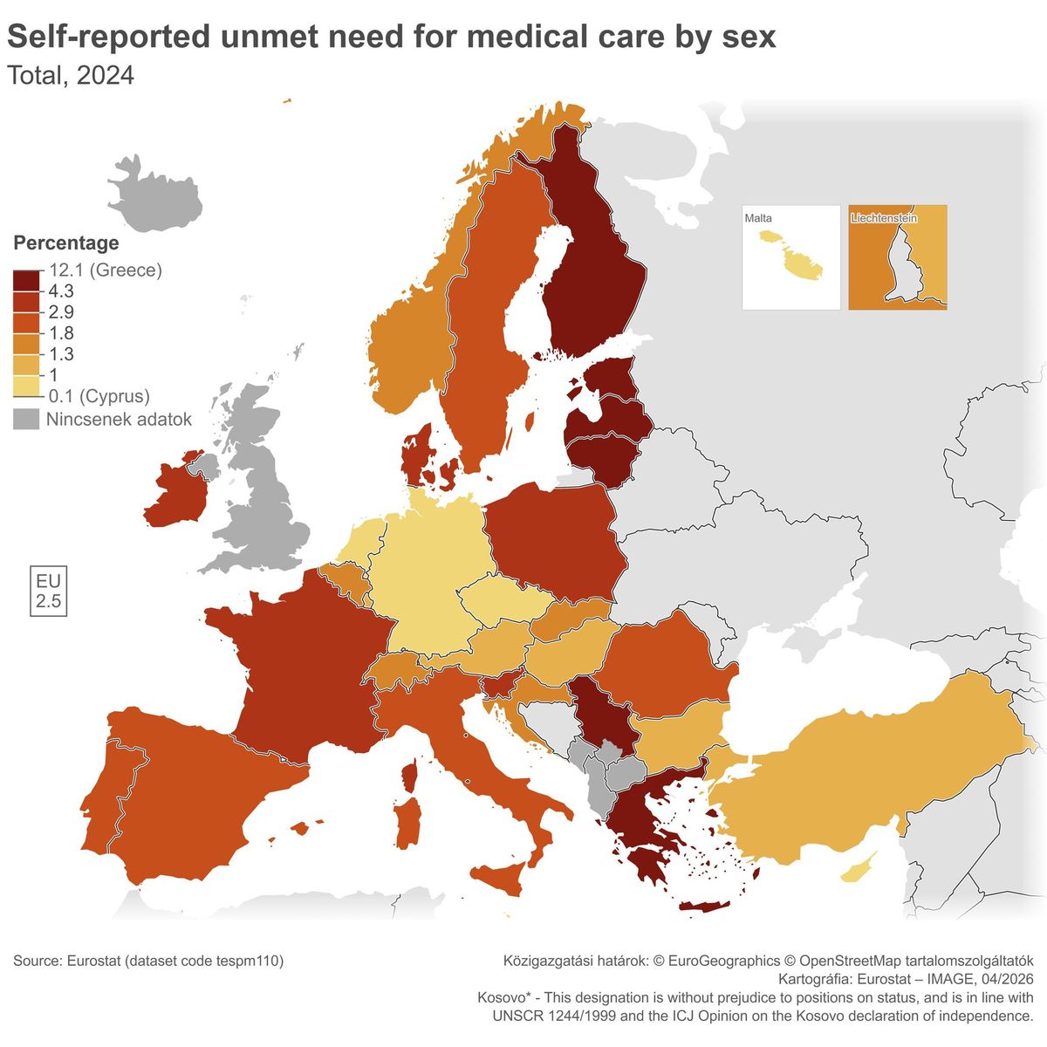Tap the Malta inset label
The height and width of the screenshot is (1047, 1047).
(x=758, y=218)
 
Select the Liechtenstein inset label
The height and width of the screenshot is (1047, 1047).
(x=884, y=217)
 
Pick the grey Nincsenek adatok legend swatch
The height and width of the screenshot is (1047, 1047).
(x=27, y=420)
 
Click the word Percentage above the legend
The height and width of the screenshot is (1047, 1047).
(x=66, y=243)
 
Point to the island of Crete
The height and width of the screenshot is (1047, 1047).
(x=704, y=907)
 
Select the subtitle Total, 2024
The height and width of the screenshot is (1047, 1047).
(x=71, y=76)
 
